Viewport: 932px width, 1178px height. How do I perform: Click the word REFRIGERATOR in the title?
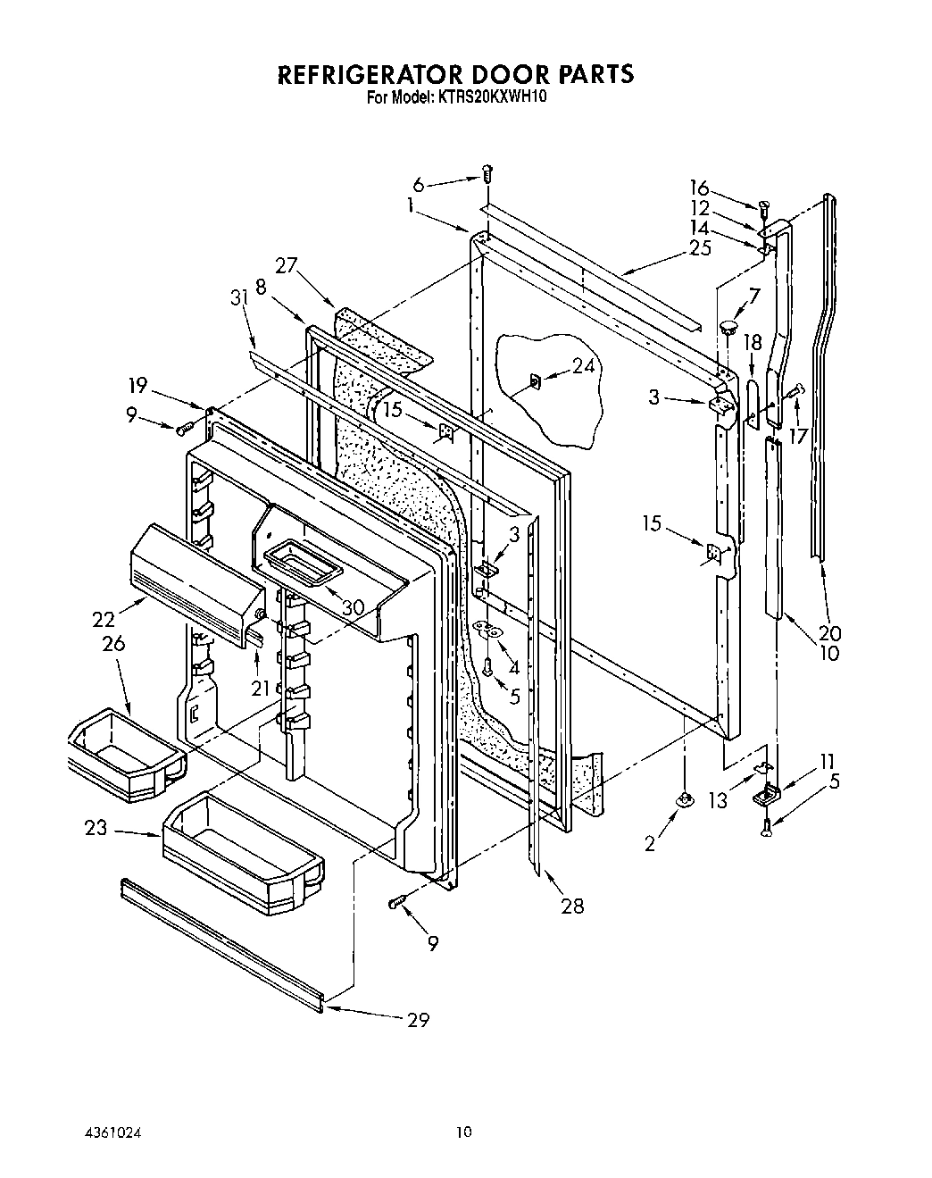point(374,73)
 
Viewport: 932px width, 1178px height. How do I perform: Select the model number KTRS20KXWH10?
point(487,96)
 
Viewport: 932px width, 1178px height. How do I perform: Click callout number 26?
point(113,643)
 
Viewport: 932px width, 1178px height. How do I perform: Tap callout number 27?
point(286,264)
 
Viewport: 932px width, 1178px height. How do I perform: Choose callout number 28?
point(571,906)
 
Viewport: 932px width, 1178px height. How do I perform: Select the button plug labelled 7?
point(729,322)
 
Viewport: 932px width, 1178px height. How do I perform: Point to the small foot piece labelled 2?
point(685,799)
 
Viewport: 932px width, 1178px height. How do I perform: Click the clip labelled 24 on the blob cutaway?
point(535,382)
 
